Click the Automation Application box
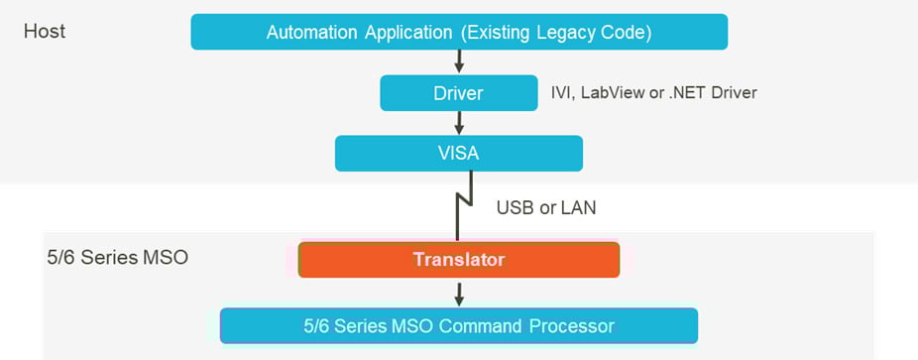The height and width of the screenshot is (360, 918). pyautogui.click(x=458, y=33)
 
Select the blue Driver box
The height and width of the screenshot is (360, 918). pyautogui.click(x=458, y=93)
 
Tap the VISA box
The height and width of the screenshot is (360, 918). pyautogui.click(x=458, y=154)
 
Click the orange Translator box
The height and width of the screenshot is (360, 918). pyautogui.click(x=458, y=260)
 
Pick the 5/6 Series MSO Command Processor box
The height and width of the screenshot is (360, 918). pyautogui.click(x=458, y=325)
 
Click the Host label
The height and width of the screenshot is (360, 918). pyautogui.click(x=45, y=32)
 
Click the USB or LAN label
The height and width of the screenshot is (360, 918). pyautogui.click(x=546, y=208)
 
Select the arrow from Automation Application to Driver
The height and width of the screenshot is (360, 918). pyautogui.click(x=458, y=61)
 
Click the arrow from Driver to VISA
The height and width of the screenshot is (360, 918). pyautogui.click(x=458, y=122)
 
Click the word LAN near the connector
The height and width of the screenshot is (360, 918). pyautogui.click(x=579, y=208)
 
